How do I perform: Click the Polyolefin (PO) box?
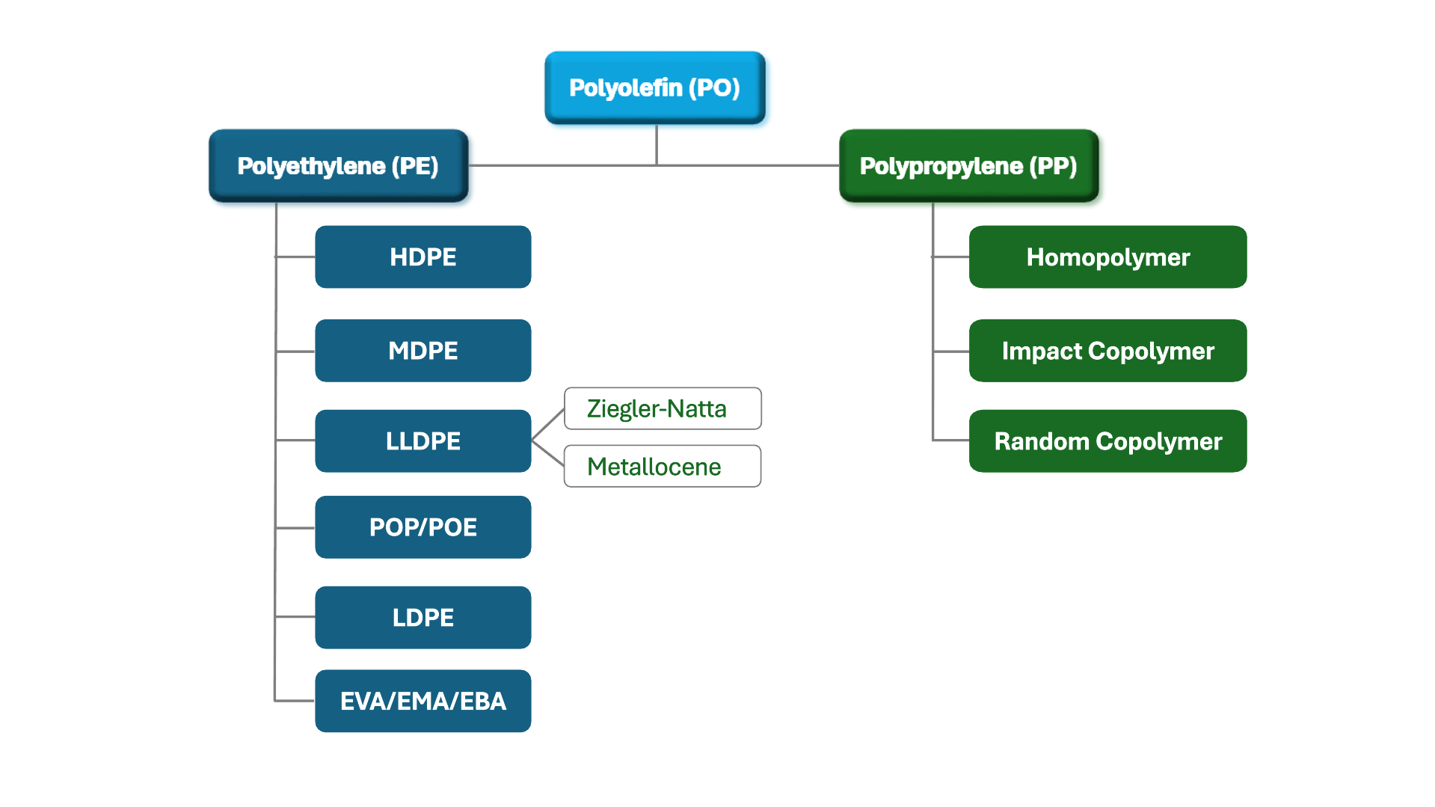coord(654,88)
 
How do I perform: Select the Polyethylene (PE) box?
coord(338,165)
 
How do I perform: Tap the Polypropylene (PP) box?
coord(968,165)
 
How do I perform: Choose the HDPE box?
coord(422,257)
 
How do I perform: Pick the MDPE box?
coord(422,350)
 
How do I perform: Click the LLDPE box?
coord(422,441)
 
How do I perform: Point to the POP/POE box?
coord(422,527)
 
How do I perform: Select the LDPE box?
coord(422,617)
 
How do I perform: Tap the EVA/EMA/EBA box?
coord(422,701)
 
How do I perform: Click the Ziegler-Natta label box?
coord(663,408)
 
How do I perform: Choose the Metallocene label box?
coord(663,466)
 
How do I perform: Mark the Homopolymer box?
coord(1107,257)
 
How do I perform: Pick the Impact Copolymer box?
coord(1107,350)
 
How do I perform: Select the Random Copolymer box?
coord(1107,441)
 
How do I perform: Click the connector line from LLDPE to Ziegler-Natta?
coord(548,424)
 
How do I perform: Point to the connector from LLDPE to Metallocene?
coord(548,453)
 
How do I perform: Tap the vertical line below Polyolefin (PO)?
coord(657,144)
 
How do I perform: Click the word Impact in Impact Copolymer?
coord(1042,351)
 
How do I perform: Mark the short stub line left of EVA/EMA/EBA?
coord(295,701)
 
